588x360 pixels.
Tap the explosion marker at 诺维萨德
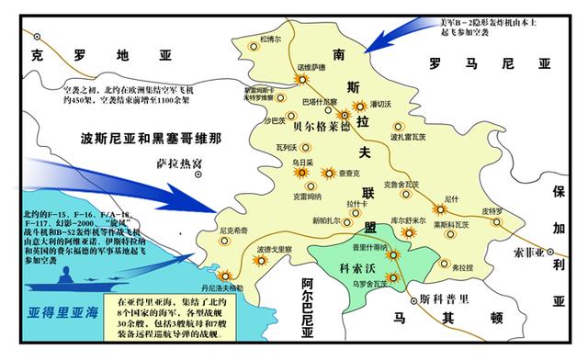[x=293, y=79]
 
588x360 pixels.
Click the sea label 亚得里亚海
[x=59, y=310]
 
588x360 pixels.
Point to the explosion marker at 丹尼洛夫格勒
[x=220, y=271]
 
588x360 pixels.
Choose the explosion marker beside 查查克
[x=327, y=172]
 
